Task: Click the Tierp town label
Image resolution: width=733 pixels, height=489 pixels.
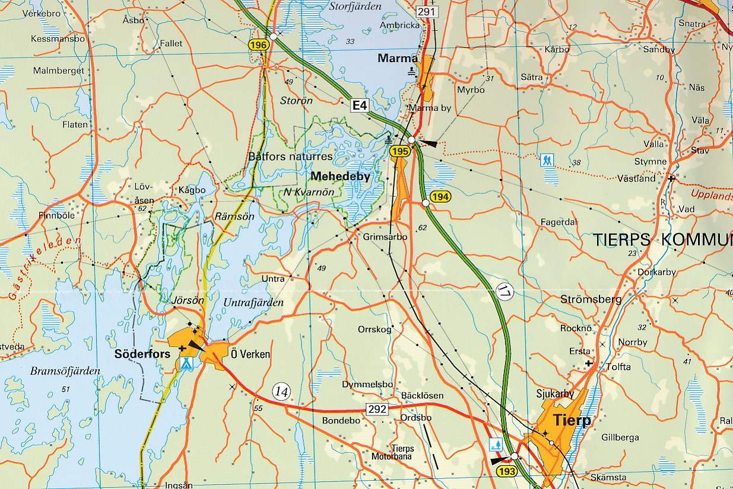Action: click(x=572, y=420)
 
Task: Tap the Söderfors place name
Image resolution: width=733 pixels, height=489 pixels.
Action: click(x=142, y=354)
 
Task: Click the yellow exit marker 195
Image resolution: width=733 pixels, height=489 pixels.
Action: click(x=401, y=152)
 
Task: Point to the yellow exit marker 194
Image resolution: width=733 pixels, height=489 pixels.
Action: click(x=440, y=197)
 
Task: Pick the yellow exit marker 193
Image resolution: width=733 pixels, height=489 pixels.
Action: click(x=507, y=472)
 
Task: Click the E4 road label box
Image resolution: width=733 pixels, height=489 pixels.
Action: click(x=360, y=106)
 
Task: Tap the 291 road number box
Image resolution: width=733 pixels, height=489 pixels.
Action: click(x=426, y=12)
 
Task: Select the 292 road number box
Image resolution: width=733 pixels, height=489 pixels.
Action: click(x=377, y=409)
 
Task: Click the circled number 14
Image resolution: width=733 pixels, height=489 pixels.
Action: click(x=281, y=391)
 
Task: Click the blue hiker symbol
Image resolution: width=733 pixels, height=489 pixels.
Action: click(x=547, y=160)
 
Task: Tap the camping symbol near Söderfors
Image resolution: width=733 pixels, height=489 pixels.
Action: click(x=186, y=363)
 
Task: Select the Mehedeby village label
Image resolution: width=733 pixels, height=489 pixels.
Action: click(x=340, y=176)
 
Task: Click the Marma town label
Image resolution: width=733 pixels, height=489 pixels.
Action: click(x=398, y=58)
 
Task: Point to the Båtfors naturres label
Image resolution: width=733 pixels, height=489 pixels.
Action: click(x=290, y=156)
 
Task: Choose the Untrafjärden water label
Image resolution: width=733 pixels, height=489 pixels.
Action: click(x=253, y=302)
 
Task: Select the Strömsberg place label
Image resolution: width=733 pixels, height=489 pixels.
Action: click(x=591, y=299)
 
